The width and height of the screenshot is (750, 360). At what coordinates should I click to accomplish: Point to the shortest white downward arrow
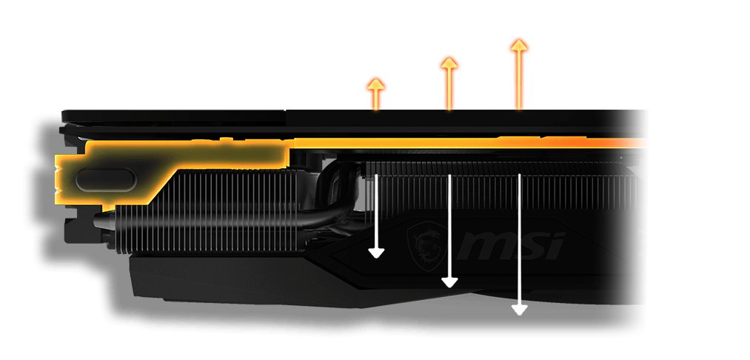tap(377, 215)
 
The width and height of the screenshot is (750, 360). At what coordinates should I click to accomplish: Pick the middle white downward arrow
tap(449, 230)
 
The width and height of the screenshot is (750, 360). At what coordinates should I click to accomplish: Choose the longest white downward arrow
tap(520, 244)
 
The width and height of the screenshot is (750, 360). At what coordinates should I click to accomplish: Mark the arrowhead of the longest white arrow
tap(520, 309)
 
